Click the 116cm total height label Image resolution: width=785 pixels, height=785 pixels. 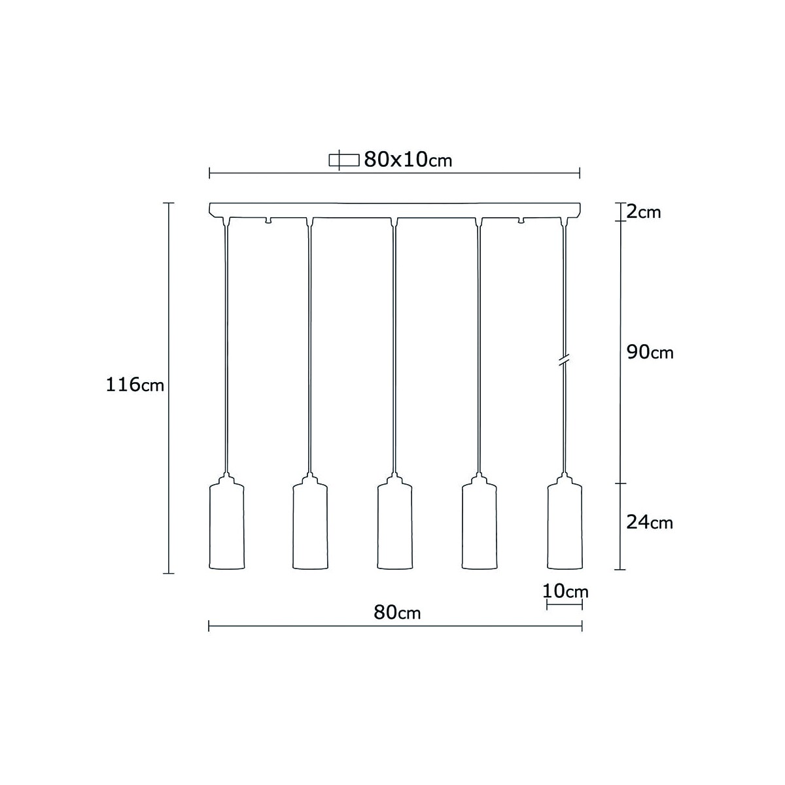pyautogui.click(x=135, y=385)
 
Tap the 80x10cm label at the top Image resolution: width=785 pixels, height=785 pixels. pyautogui.click(x=408, y=160)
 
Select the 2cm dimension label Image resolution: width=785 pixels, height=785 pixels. pyautogui.click(x=643, y=212)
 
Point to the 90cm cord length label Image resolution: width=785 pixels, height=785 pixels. pyautogui.click(x=650, y=352)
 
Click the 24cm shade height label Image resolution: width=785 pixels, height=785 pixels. pyautogui.click(x=650, y=522)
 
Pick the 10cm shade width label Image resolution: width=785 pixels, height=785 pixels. pyautogui.click(x=565, y=591)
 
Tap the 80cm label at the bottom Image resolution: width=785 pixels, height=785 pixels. pyautogui.click(x=397, y=612)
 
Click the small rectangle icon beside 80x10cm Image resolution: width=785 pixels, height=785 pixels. pyautogui.click(x=344, y=160)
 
